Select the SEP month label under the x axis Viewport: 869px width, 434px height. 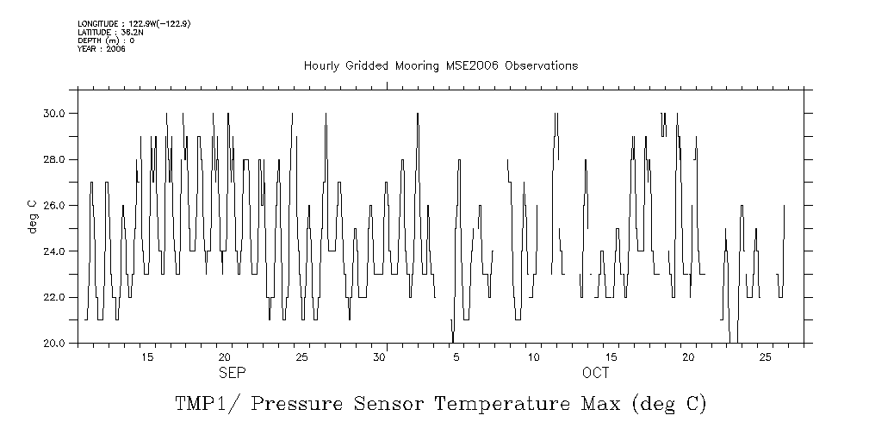point(233,373)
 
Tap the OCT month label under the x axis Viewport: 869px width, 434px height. point(595,373)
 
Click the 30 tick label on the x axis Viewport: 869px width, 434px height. point(379,356)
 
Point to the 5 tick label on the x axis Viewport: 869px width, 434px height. point(456,356)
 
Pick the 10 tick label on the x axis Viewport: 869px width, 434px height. point(533,356)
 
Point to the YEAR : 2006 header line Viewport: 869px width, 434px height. point(102,49)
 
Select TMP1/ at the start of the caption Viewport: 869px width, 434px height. point(204,404)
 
